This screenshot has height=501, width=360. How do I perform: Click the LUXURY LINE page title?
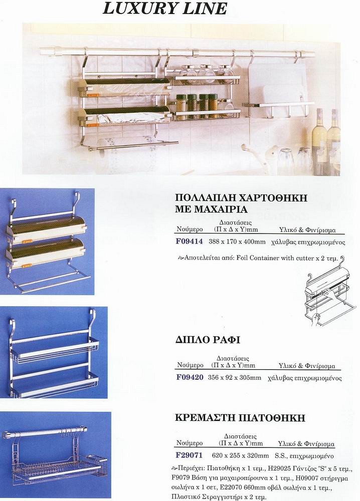coord(164,9)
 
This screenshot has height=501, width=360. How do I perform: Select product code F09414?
coord(189,241)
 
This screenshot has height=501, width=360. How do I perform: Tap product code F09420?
coord(190,377)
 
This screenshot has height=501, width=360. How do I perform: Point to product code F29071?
coord(189,455)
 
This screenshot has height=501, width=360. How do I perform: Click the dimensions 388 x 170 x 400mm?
coord(237,242)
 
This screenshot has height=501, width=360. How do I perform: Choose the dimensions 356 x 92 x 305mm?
coord(234,378)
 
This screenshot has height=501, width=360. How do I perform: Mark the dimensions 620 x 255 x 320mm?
coord(240,455)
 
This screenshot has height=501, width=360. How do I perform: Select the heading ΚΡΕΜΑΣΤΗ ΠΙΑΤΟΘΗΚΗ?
coord(240,418)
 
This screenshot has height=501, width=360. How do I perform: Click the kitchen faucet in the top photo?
coord(261,158)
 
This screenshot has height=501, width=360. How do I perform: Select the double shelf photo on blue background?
coord(54,352)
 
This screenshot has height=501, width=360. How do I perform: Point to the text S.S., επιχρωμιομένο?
coord(304,455)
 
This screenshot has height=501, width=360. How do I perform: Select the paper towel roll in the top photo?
coord(123,155)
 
